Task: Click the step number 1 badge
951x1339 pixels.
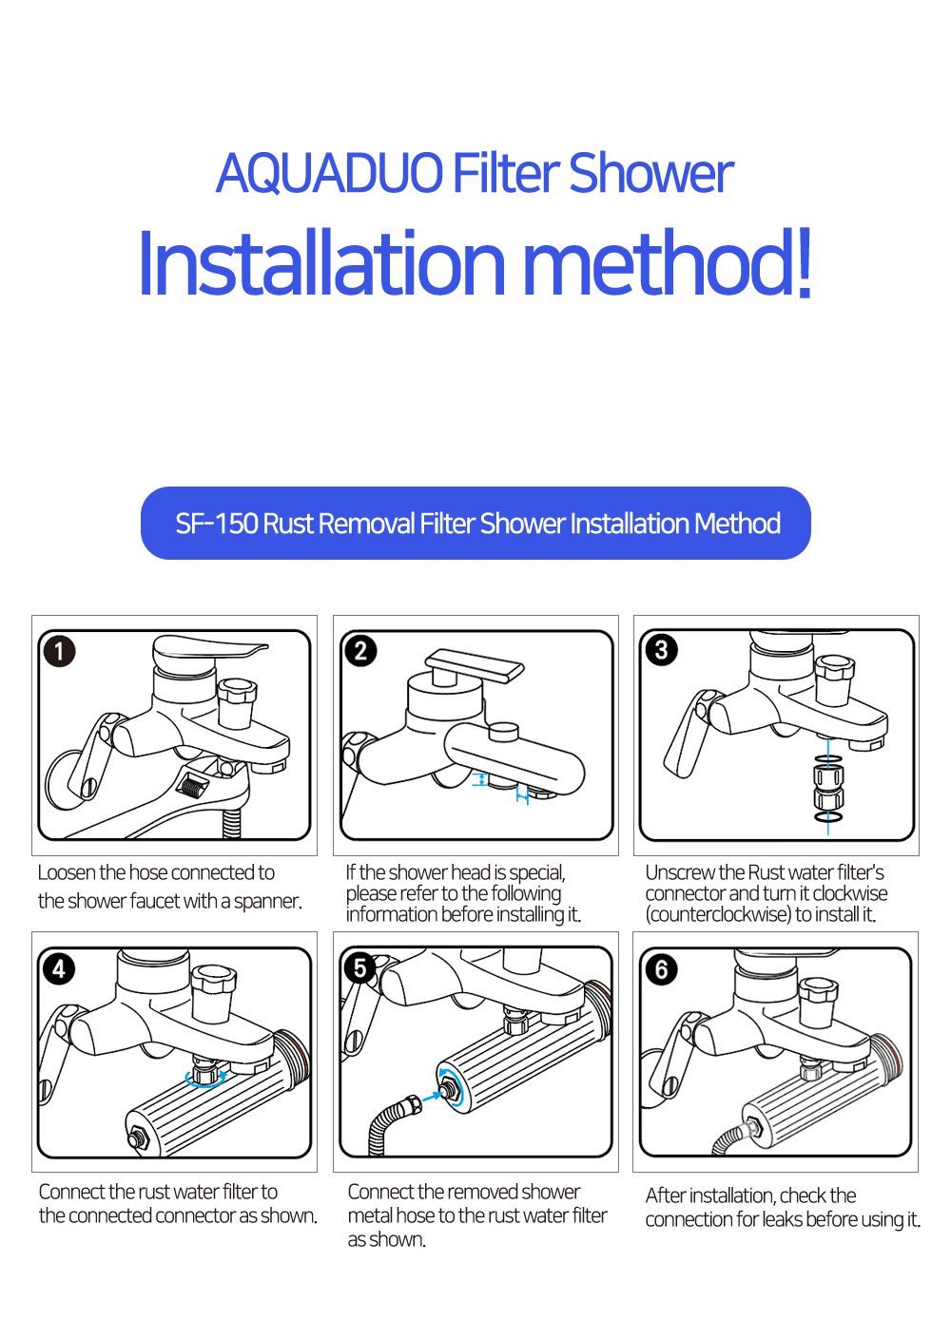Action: point(59,651)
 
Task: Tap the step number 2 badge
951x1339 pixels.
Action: point(360,650)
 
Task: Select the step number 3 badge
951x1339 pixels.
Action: point(662,650)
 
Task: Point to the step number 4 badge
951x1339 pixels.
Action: point(59,968)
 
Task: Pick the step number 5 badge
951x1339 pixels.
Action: point(359,967)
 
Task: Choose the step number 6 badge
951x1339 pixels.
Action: point(661,969)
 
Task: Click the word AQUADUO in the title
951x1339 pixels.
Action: point(330,173)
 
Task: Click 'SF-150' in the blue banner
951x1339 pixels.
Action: point(217,523)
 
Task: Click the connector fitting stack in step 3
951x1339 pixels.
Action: point(828,788)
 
